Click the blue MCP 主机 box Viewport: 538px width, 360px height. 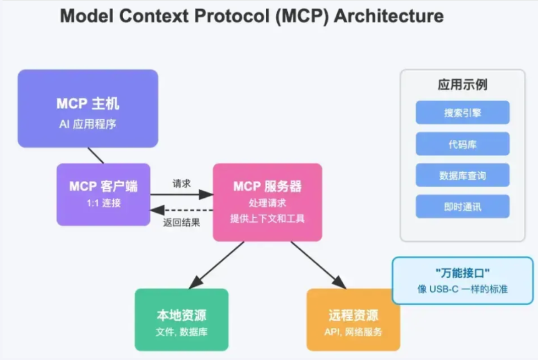pos(88,109)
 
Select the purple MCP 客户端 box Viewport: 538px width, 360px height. pos(103,194)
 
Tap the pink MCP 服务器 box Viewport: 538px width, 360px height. pos(267,202)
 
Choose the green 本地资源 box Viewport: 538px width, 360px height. pos(181,319)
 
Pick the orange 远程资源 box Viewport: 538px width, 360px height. pos(353,319)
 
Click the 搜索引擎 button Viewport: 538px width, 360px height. pos(462,112)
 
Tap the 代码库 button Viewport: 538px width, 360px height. pos(462,144)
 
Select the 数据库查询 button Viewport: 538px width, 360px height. pos(462,175)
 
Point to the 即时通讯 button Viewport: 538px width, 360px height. pos(462,206)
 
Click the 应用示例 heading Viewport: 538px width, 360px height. pos(462,84)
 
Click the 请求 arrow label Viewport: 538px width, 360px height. pos(182,183)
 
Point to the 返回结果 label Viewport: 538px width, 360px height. pos(182,222)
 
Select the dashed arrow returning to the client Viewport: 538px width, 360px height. pos(182,209)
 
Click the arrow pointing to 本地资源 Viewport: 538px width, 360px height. pos(217,265)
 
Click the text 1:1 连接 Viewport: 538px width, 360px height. pos(103,203)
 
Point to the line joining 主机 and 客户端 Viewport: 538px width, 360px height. pos(96,155)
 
